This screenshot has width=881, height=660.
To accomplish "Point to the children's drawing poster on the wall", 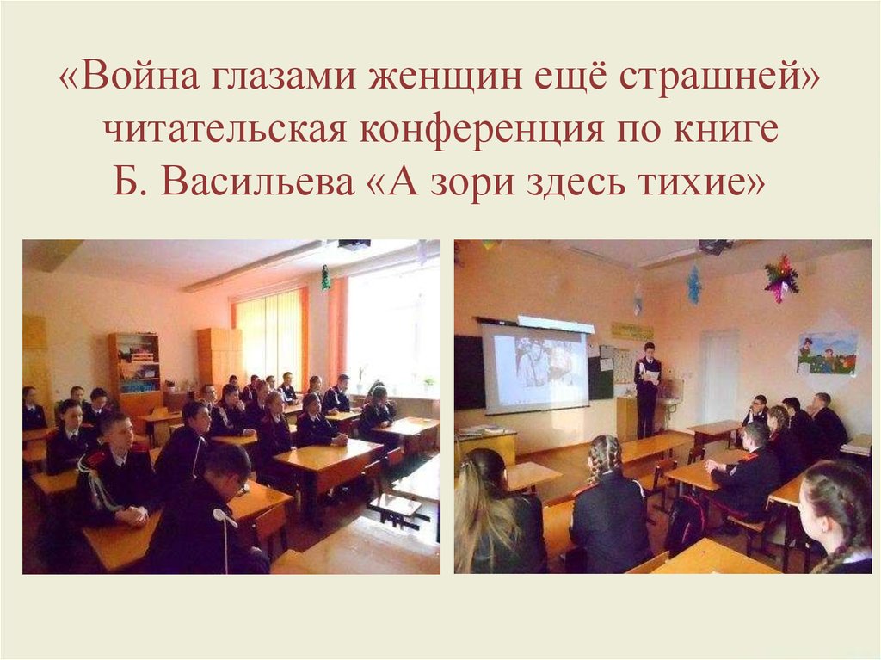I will pos(826,353).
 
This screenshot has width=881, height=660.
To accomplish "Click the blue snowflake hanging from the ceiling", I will pos(693,284).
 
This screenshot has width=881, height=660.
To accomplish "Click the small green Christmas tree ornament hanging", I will pos(326,277).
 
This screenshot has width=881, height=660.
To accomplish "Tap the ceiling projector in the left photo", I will pos(353,245).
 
